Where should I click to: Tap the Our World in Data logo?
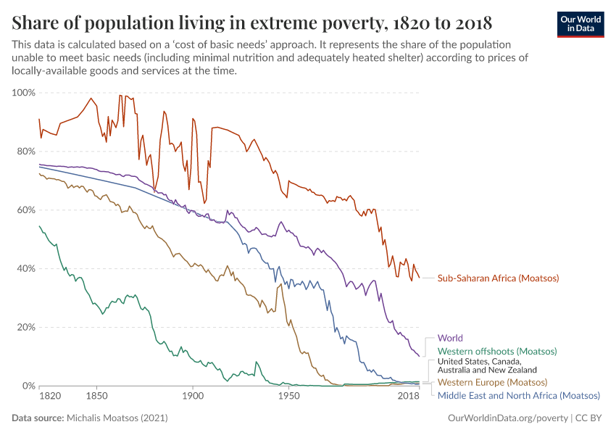pyautogui.click(x=580, y=23)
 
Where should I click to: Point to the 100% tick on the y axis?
pyautogui.click(x=22, y=93)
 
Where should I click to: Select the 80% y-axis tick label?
pyautogui.click(x=25, y=152)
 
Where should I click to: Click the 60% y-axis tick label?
pyautogui.click(x=25, y=210)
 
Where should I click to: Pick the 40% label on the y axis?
pyautogui.click(x=25, y=268)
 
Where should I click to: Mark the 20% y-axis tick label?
pyautogui.click(x=25, y=327)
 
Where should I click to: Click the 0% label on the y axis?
pyautogui.click(x=28, y=386)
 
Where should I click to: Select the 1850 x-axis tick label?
pyautogui.click(x=96, y=397)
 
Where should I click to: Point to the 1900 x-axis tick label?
pyautogui.click(x=193, y=397)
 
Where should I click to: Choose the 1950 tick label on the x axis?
pyautogui.click(x=288, y=397)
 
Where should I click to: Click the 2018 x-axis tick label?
pyautogui.click(x=409, y=397)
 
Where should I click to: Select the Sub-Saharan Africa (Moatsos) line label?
pyautogui.click(x=498, y=278)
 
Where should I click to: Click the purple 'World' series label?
pyautogui.click(x=450, y=338)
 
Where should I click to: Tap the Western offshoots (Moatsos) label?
pyautogui.click(x=496, y=352)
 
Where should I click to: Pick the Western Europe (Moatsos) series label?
pyautogui.click(x=492, y=382)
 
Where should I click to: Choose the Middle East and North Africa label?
pyautogui.click(x=519, y=395)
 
